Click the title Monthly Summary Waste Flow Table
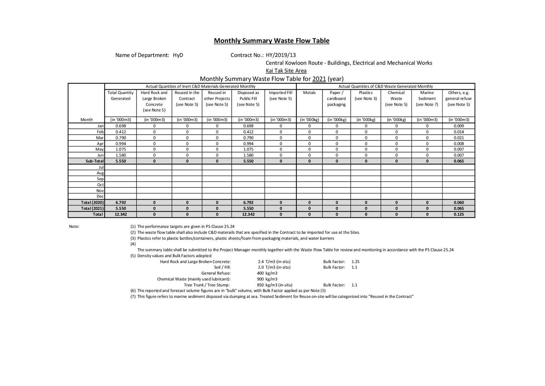(x=271, y=41)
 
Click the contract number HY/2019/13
(x=281, y=55)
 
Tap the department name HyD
(x=178, y=55)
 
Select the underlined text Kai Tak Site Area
(x=286, y=71)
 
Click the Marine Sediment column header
(x=427, y=99)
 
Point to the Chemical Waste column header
(x=396, y=99)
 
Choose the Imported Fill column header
(x=281, y=95)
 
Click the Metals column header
(x=309, y=93)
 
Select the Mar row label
(x=100, y=138)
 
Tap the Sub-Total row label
(x=94, y=161)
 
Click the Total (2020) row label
(x=92, y=202)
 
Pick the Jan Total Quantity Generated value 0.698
(x=121, y=126)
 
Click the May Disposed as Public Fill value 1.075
(x=248, y=149)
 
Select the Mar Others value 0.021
(x=458, y=138)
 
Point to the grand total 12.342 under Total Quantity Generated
(x=121, y=214)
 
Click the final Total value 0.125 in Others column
(x=458, y=214)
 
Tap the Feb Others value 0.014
(x=458, y=132)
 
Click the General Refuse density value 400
(x=260, y=273)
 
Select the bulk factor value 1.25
(x=355, y=262)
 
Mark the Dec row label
(x=100, y=196)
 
